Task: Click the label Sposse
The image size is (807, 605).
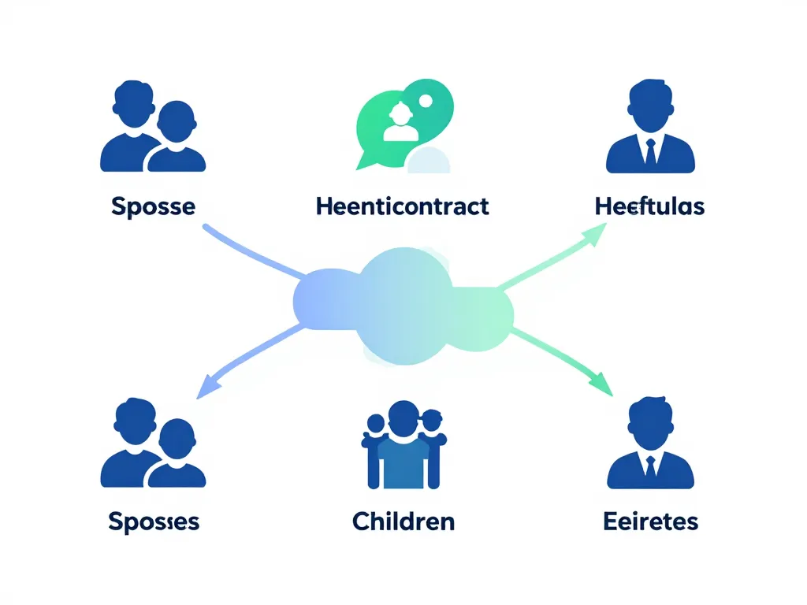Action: (153, 206)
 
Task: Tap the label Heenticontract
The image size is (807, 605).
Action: (402, 206)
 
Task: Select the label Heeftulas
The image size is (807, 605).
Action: (650, 206)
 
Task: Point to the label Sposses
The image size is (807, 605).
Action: (154, 521)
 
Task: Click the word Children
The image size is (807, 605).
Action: (403, 521)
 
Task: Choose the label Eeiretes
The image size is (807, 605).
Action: (651, 521)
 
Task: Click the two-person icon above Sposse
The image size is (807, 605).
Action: (153, 130)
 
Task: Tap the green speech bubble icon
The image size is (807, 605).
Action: (403, 122)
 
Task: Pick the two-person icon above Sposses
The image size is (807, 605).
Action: (153, 444)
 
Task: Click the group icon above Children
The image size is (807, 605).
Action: (403, 446)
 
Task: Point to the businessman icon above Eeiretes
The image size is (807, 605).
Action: (650, 444)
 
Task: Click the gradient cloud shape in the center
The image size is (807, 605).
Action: (403, 303)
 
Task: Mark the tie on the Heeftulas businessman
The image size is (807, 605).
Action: (650, 150)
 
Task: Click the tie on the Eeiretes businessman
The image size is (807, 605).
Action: (650, 466)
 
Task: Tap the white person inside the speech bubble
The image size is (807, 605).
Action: (400, 123)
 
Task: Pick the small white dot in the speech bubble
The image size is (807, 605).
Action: (426, 100)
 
